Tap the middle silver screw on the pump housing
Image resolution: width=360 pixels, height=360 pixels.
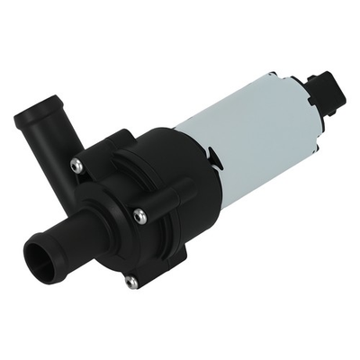139,214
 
